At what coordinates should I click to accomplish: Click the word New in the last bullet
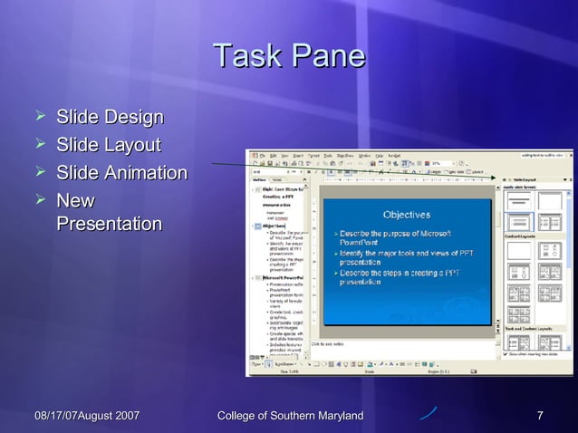pos(75,200)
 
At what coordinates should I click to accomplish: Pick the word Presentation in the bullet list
pos(109,224)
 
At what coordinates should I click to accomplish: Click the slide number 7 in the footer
pos(540,416)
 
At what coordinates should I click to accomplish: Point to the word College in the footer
pos(242,416)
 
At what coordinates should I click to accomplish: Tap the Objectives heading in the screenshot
pos(406,215)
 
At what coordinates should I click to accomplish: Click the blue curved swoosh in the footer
pos(428,413)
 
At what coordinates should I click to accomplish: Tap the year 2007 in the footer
pos(124,416)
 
